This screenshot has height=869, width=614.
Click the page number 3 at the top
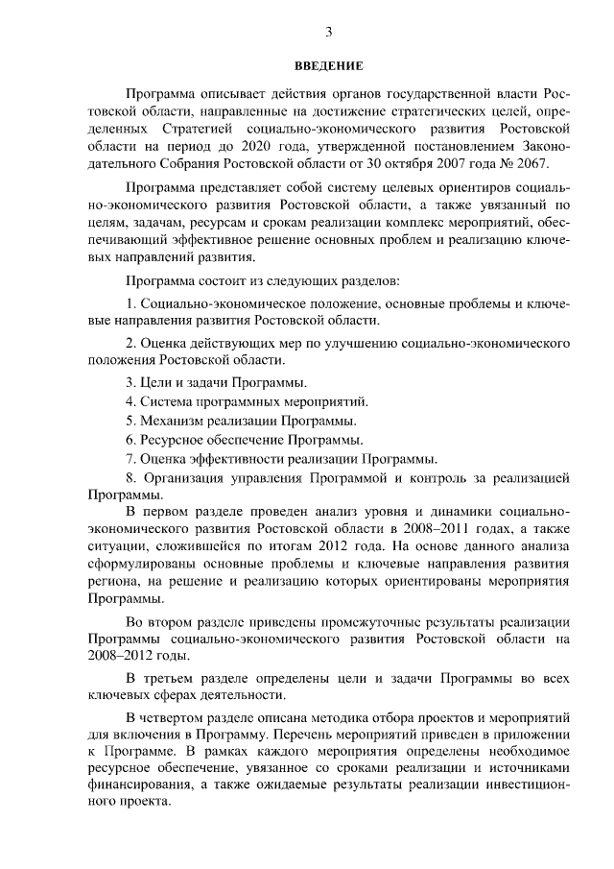328,32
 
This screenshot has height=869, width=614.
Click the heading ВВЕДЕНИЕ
328,66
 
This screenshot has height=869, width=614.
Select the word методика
344,718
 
